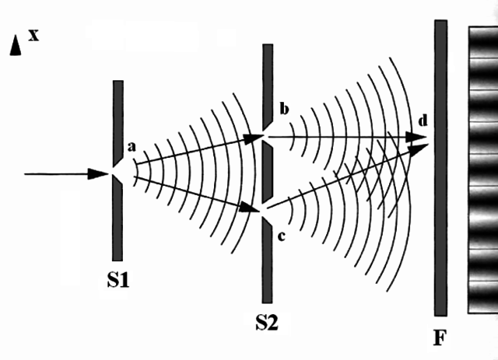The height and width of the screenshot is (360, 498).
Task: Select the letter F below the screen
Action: click(x=441, y=339)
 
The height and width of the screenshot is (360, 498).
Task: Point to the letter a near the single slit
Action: click(x=132, y=146)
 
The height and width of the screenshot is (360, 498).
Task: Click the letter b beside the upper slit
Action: click(x=284, y=110)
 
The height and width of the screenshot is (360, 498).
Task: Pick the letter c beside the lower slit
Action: click(x=282, y=234)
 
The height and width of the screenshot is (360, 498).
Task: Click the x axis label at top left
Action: click(x=33, y=35)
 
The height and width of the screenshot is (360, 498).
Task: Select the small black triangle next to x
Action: click(x=15, y=47)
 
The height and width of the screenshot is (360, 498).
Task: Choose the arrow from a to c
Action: click(x=195, y=193)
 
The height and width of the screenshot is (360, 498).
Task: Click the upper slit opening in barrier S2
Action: click(x=267, y=138)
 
